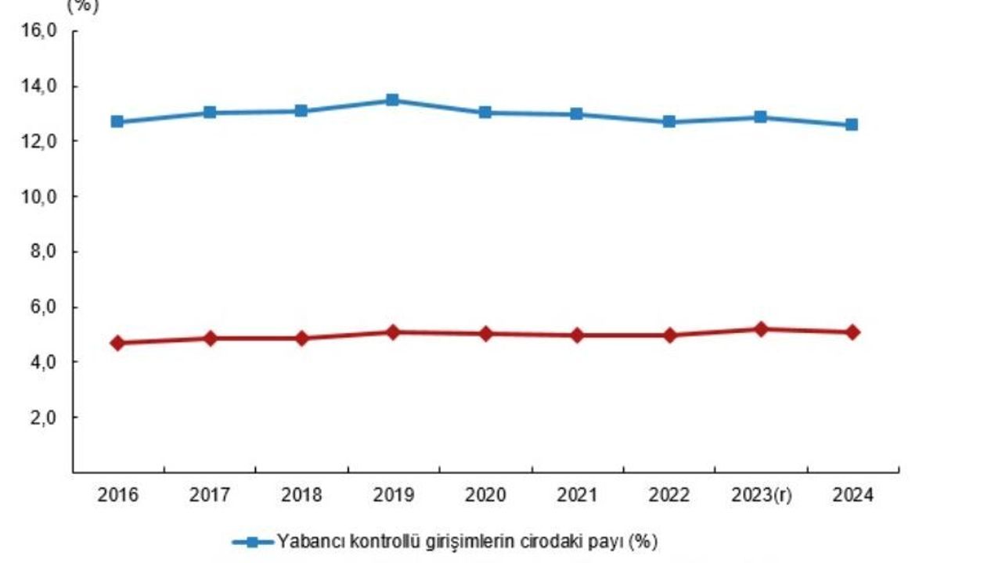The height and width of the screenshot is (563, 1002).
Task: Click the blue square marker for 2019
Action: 393,100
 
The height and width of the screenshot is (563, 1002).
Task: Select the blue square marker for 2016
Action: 117,122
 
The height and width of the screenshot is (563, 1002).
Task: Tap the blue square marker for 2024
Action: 852,124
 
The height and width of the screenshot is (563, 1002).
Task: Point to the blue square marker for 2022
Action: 669,122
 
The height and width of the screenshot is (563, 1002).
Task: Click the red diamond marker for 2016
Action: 117,342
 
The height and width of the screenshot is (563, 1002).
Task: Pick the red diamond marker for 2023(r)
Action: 760,329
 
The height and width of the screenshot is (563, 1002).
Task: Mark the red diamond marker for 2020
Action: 485,334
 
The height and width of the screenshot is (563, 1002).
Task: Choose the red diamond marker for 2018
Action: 301,339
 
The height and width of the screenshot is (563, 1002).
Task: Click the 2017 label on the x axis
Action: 209,496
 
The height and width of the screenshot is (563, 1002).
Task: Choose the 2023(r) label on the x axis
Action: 760,496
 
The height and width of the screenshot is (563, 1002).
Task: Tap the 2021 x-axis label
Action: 577,496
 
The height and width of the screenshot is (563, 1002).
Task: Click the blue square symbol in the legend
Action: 252,541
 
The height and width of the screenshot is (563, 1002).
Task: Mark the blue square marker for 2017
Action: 210,113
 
